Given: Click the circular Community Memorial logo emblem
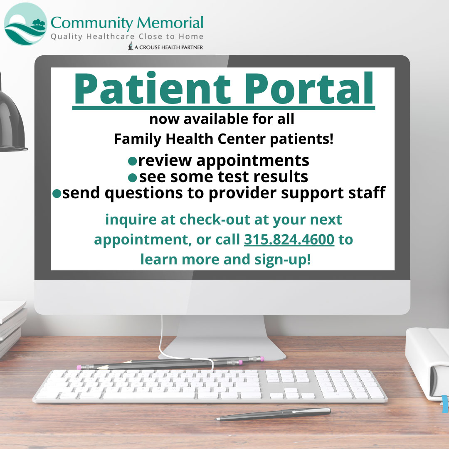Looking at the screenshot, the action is pos(25,24).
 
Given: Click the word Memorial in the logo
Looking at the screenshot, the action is pos(170,22).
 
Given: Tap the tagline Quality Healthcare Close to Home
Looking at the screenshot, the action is pos(127,37).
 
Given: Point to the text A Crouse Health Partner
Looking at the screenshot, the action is pos(169,47).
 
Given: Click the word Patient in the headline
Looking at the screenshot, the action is pos(152,89).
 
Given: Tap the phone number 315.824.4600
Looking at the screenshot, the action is pos(289,239).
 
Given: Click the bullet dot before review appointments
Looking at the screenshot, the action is pos(132,161).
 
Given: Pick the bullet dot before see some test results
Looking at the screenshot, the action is pos(132,178).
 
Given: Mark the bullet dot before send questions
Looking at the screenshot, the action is pos(57,194).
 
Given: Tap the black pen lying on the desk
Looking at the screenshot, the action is pos(274,414).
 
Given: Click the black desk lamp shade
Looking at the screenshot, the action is pos(12,123).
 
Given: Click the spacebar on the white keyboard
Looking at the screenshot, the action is pos(149,395).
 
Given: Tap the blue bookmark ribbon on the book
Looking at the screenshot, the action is pos(445,404).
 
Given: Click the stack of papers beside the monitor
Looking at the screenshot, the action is pos(12,326).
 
